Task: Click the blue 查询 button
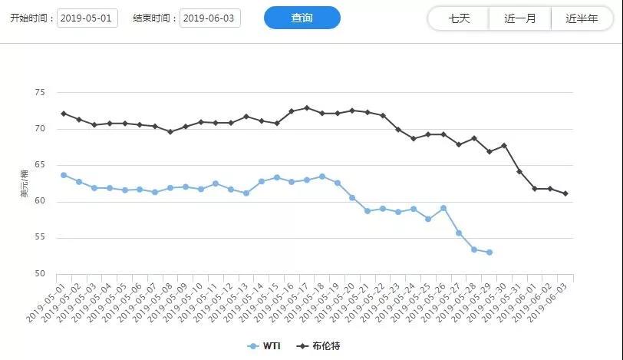(302, 18)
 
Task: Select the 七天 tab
(458, 18)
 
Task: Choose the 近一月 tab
(520, 18)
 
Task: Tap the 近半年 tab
(581, 18)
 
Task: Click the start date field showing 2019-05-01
(87, 18)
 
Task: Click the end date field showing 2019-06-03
(210, 18)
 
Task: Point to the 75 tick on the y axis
(40, 92)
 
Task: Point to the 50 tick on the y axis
(40, 274)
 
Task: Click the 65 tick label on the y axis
(40, 165)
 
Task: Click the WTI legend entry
(264, 346)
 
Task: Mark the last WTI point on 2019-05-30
(489, 253)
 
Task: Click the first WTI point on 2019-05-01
(64, 175)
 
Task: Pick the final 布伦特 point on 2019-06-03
(565, 193)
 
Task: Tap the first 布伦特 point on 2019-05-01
(64, 114)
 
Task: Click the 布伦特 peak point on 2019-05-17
(307, 108)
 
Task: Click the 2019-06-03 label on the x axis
(550, 302)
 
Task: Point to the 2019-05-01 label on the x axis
(48, 302)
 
